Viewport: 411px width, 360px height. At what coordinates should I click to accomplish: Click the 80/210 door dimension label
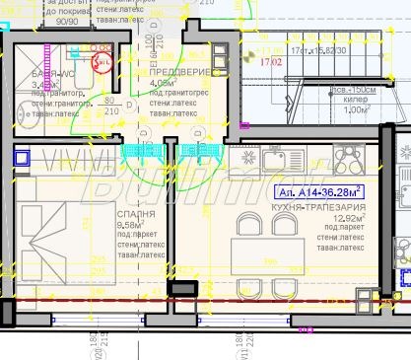coord(110,106)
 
